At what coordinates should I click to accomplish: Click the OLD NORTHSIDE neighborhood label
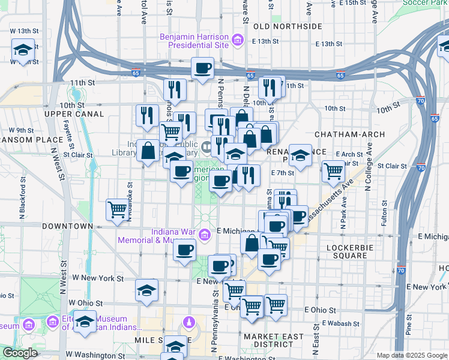tap(288, 27)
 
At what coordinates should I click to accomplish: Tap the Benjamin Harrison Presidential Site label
tap(194, 41)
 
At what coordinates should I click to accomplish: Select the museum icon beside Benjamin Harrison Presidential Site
tap(238, 41)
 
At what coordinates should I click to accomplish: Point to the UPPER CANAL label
tap(67, 113)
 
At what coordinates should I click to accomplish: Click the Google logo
tap(20, 353)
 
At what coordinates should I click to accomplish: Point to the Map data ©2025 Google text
tap(412, 355)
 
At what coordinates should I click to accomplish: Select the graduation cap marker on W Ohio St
tap(147, 291)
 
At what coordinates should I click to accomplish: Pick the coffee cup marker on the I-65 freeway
tap(203, 68)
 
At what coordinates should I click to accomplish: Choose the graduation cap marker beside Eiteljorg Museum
tap(85, 322)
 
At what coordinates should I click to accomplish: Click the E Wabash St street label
tap(340, 323)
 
